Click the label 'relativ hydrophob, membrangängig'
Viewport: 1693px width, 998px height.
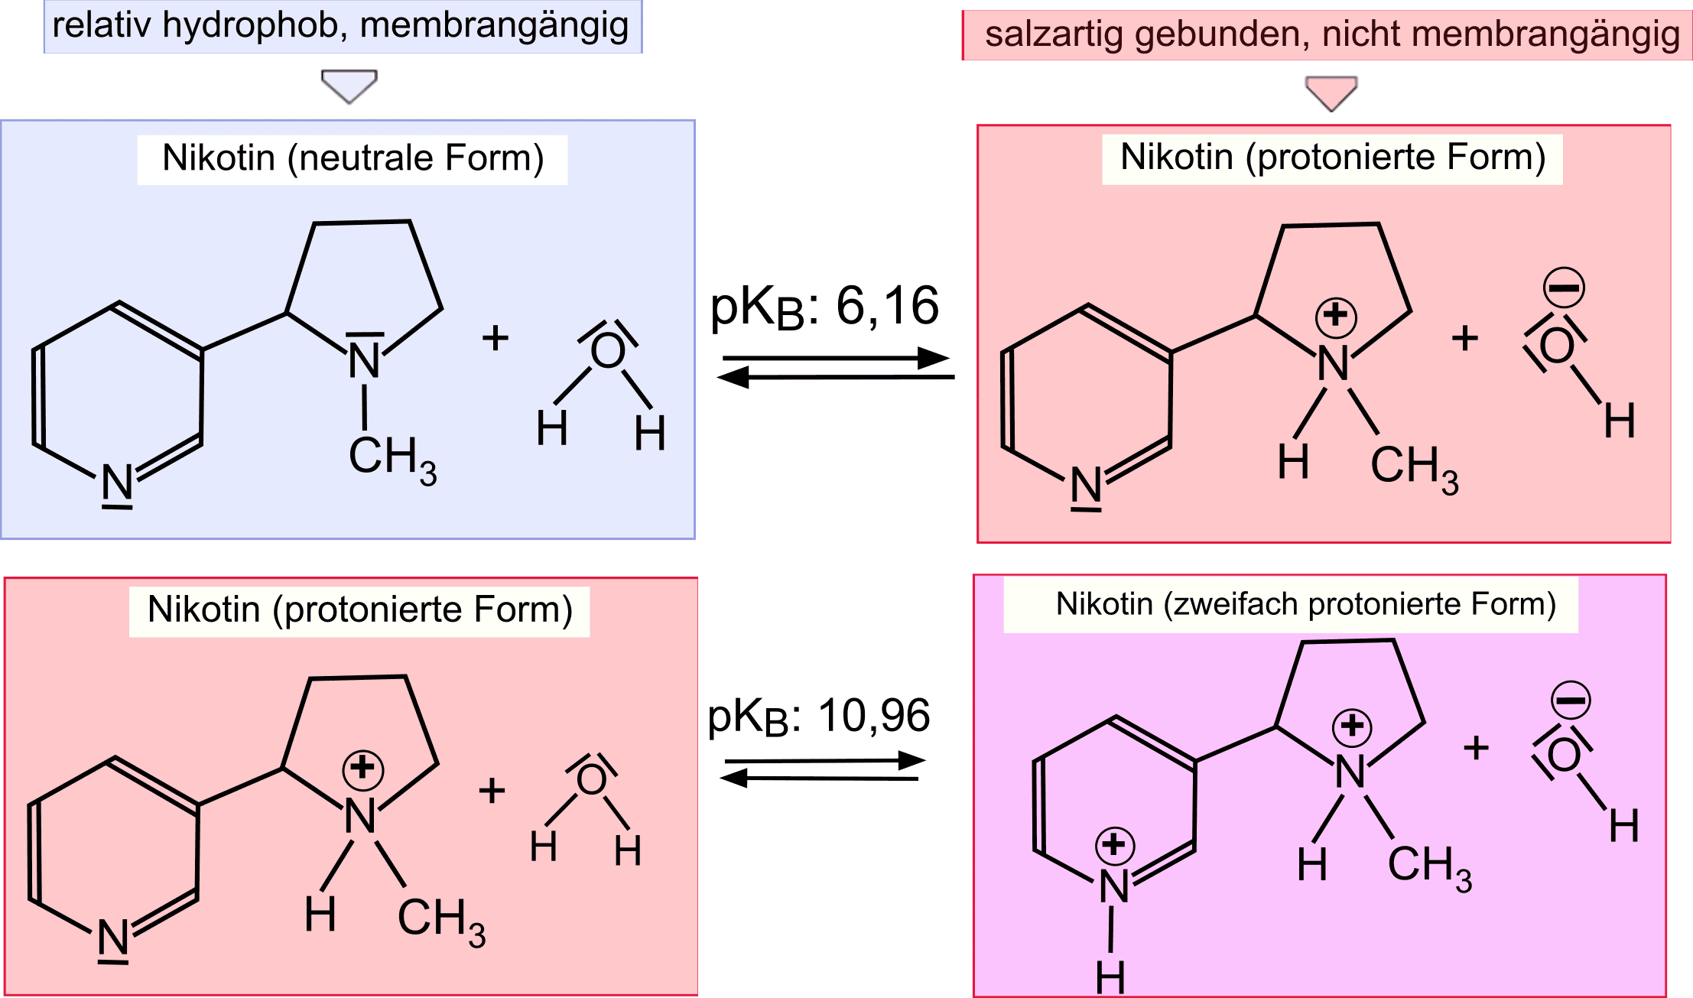[x=341, y=26]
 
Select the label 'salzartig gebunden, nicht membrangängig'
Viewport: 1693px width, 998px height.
[x=1331, y=35]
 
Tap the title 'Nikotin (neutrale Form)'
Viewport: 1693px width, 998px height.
[x=353, y=159]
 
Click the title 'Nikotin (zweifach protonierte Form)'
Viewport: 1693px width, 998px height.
[x=1305, y=605]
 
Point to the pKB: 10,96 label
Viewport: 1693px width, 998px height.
[x=818, y=717]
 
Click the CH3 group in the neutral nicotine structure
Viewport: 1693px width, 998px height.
[x=392, y=459]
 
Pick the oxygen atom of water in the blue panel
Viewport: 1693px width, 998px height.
[x=608, y=351]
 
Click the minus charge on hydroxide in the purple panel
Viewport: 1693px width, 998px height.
[x=1571, y=700]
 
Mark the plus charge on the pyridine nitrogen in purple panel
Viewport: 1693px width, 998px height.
[x=1115, y=844]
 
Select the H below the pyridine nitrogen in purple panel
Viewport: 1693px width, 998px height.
[x=1110, y=977]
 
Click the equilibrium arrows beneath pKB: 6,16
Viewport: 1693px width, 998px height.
[x=836, y=368]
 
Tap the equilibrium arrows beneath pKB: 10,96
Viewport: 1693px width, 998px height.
[x=822, y=770]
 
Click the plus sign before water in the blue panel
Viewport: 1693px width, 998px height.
[x=496, y=337]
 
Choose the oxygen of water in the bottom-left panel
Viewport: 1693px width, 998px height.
[x=591, y=780]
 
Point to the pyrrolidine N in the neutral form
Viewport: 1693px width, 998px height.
[x=365, y=360]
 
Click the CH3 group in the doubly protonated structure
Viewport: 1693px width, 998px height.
[x=1428, y=867]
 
